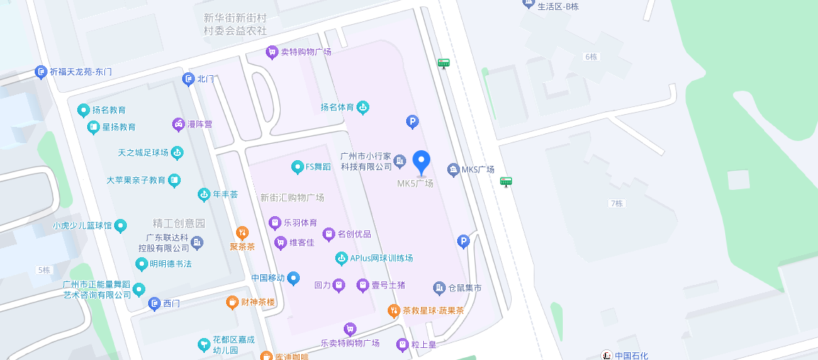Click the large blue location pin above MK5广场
(x=422, y=162)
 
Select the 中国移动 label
(x=269, y=278)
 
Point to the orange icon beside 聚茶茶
(x=242, y=232)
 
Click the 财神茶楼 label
(x=257, y=303)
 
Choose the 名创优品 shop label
(x=354, y=234)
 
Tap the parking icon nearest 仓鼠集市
(x=464, y=242)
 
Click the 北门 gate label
(x=206, y=79)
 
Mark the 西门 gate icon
(x=154, y=303)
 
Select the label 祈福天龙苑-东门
(x=81, y=72)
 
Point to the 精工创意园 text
(x=179, y=223)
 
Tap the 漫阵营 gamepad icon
(x=179, y=125)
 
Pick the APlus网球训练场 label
(x=381, y=258)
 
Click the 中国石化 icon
(x=607, y=355)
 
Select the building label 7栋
(x=616, y=203)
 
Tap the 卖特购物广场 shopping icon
(x=271, y=52)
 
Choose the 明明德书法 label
(x=170, y=264)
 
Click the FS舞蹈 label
(x=318, y=167)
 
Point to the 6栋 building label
(x=591, y=56)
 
